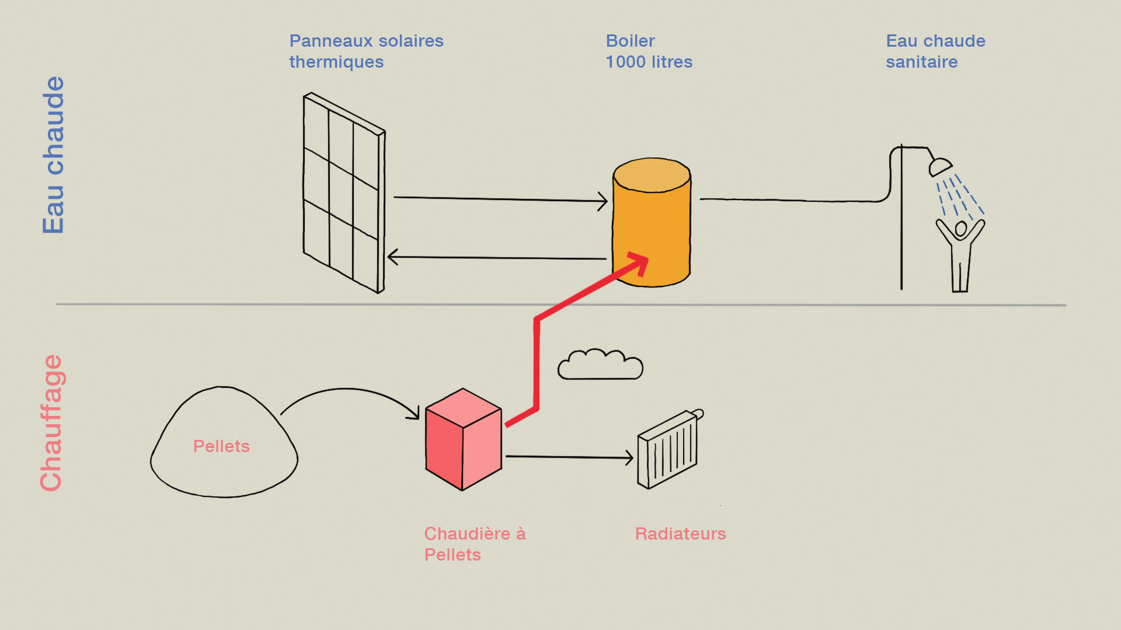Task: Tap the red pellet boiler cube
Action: pos(463,440)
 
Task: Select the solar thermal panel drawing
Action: pos(343,192)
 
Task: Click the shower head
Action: pos(940,167)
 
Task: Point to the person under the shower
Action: pos(960,254)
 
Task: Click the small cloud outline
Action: pos(600,366)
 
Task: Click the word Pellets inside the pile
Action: pos(221,446)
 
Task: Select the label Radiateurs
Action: pos(680,534)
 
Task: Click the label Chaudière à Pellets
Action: pos(474,544)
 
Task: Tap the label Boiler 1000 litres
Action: pos(649,51)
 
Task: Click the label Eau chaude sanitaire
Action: pos(935,51)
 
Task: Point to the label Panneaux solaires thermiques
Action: pos(366,51)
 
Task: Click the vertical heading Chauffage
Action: pos(51,423)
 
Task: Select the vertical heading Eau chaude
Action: pos(53,155)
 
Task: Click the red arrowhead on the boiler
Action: pos(639,262)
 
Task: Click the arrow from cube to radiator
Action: pos(569,457)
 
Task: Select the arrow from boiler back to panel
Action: pos(496,257)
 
